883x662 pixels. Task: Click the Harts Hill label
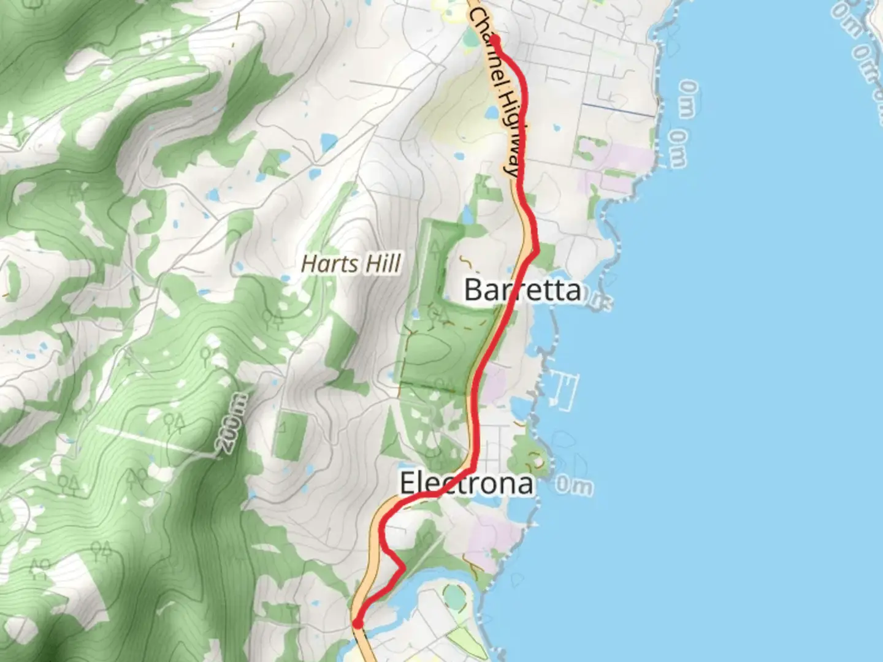[x=351, y=264]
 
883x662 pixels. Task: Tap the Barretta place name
[x=522, y=289]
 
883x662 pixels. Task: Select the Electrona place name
[x=466, y=484]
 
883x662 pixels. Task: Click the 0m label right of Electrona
[x=574, y=486]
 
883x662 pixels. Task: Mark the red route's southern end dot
[x=357, y=623]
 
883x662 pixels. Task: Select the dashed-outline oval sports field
[x=454, y=594]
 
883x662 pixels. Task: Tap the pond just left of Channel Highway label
[x=492, y=113]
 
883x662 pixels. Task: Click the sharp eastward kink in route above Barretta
[x=537, y=250]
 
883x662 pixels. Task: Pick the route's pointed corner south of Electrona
[x=403, y=568]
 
